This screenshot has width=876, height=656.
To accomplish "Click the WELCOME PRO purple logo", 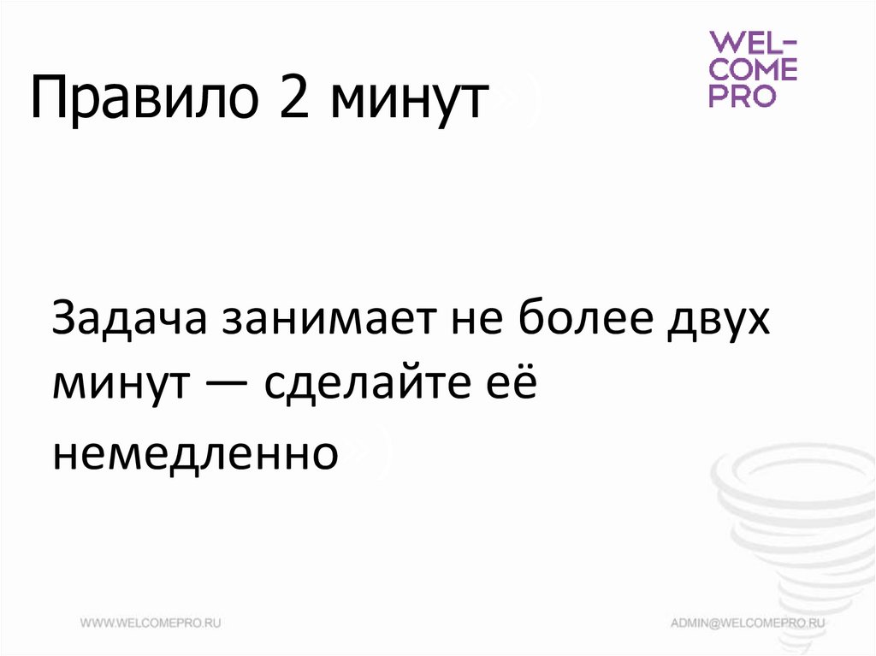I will [753, 69].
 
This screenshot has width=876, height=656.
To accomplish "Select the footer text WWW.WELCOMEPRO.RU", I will [151, 623].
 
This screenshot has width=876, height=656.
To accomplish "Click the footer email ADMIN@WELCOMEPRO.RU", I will [749, 623].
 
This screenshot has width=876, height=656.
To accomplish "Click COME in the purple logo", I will [753, 69].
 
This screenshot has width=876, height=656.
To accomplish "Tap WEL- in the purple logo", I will [753, 43].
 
